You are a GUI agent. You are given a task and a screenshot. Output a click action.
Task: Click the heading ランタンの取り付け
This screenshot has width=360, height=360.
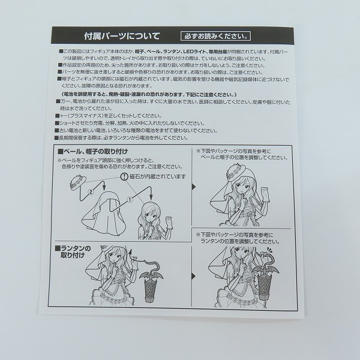tap(73, 251)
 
